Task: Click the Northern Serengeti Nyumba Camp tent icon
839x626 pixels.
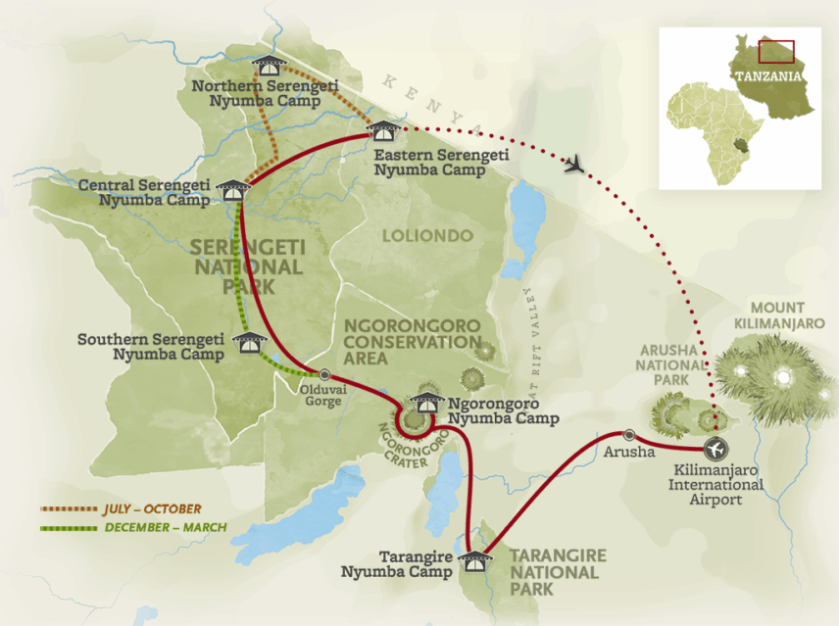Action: click(267, 67)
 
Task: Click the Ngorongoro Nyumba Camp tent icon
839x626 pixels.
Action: click(428, 402)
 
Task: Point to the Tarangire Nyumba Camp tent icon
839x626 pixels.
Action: click(474, 560)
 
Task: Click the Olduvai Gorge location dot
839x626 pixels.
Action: click(324, 373)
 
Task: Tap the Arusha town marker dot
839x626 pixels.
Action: click(628, 435)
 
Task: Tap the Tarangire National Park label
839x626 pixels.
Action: click(557, 572)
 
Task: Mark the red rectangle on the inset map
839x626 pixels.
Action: click(776, 53)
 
